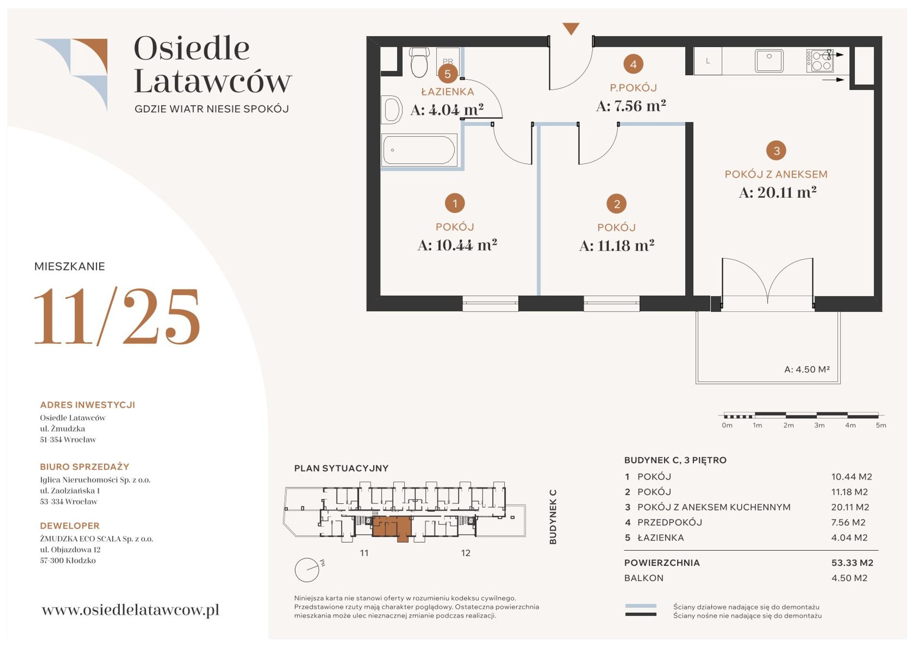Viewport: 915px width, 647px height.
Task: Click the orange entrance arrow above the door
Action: coord(571,28)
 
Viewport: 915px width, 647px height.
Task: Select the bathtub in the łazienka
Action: coord(419,150)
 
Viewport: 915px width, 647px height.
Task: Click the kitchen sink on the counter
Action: coord(769,61)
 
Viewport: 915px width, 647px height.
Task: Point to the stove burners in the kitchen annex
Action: coord(820,61)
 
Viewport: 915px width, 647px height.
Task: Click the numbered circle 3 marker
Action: coord(776,151)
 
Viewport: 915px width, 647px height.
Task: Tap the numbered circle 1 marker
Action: coord(455,203)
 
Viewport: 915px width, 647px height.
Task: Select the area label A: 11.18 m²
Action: coord(616,246)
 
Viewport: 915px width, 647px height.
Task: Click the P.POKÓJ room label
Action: coord(633,88)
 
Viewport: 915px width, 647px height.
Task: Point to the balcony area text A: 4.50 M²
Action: coord(807,370)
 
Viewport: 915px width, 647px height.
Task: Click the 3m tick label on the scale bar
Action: coord(819,425)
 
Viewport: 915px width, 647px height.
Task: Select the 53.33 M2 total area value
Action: coord(852,563)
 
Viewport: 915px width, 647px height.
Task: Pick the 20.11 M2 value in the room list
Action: coord(850,507)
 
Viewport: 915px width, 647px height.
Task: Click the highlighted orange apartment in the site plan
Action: coord(392,528)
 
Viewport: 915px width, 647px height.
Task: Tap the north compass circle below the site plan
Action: coord(307,570)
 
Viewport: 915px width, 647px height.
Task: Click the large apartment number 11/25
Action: coord(117,316)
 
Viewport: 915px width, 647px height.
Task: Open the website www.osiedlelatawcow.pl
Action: coord(131,610)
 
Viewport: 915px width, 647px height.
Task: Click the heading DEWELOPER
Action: coord(70,526)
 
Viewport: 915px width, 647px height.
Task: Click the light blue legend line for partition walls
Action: coord(640,606)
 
